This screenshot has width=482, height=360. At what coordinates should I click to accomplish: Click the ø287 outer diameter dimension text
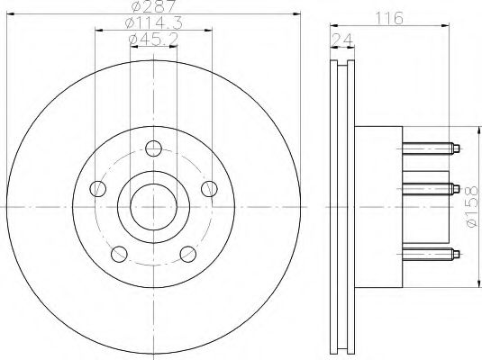pyautogui.click(x=154, y=7)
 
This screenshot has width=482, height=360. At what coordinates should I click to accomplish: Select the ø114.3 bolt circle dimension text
pyautogui.click(x=154, y=23)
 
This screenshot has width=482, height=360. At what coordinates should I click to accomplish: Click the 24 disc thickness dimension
pyautogui.click(x=341, y=38)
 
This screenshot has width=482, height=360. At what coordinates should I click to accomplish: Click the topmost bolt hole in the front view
pyautogui.click(x=154, y=148)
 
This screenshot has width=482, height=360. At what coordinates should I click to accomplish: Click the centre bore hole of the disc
pyautogui.click(x=154, y=206)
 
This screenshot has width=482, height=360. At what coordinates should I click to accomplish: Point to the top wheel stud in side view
pyautogui.click(x=432, y=148)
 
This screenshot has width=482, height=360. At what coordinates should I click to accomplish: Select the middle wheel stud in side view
pyautogui.click(x=432, y=188)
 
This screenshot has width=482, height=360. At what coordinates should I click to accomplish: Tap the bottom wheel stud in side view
pyautogui.click(x=432, y=252)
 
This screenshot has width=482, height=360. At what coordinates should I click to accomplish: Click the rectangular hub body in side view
pyautogui.click(x=378, y=206)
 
